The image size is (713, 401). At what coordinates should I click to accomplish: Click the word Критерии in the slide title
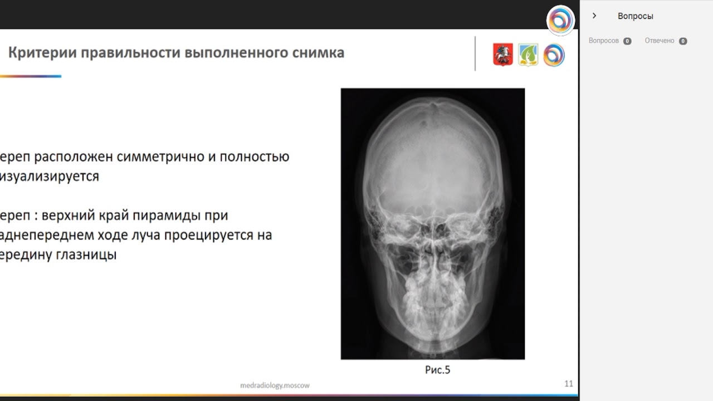pyautogui.click(x=42, y=53)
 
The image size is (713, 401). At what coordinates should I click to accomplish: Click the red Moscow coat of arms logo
pyautogui.click(x=502, y=55)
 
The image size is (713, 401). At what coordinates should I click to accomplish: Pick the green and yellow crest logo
pyautogui.click(x=528, y=55)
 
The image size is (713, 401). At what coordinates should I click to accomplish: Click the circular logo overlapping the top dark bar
pyautogui.click(x=560, y=21)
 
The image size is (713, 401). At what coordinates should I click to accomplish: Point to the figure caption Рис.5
pyautogui.click(x=437, y=370)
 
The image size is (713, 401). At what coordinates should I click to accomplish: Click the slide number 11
pyautogui.click(x=568, y=384)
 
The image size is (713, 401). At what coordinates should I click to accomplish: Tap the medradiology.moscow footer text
pyautogui.click(x=275, y=385)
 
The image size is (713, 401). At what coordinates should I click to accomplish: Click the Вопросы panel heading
pyautogui.click(x=635, y=16)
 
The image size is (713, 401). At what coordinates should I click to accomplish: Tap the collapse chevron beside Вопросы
pyautogui.click(x=594, y=16)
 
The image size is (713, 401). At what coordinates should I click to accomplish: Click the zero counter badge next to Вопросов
pyautogui.click(x=627, y=41)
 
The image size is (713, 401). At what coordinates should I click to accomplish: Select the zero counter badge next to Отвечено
pyautogui.click(x=683, y=41)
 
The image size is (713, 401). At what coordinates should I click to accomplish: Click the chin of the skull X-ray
pyautogui.click(x=432, y=334)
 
